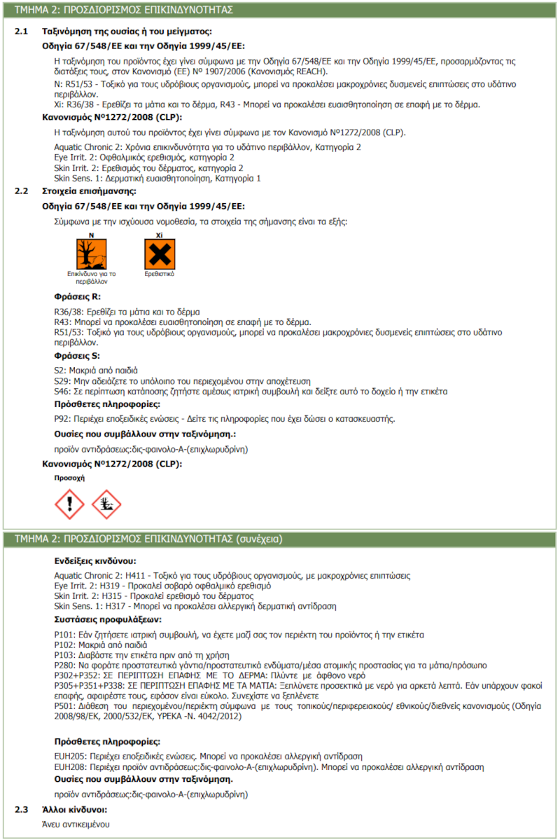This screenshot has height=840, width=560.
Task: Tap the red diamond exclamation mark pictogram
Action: pyautogui.click(x=69, y=504)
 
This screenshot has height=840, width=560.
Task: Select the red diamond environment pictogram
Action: pyautogui.click(x=106, y=504)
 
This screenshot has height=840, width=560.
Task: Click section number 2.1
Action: pyautogui.click(x=22, y=32)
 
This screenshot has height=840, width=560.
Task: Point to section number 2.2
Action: pyautogui.click(x=22, y=191)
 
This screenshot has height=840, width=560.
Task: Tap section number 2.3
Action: pyautogui.click(x=22, y=810)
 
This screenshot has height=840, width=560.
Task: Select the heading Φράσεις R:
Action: pyautogui.click(x=77, y=296)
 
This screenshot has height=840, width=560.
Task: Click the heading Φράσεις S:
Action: pyautogui.click(x=77, y=357)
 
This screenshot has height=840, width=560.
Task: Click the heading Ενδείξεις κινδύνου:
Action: pyautogui.click(x=94, y=561)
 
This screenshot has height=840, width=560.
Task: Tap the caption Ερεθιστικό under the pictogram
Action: pyautogui.click(x=160, y=275)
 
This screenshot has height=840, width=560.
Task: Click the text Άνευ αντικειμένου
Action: pyautogui.click(x=75, y=824)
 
